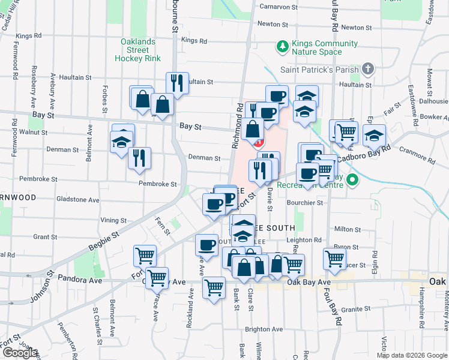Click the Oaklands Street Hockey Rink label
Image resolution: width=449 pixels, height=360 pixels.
click(139, 50)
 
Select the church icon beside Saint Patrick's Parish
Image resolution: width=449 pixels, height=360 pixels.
click(368, 69)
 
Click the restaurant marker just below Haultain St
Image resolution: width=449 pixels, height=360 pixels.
click(177, 83)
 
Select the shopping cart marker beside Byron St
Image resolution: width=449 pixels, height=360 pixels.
click(334, 259)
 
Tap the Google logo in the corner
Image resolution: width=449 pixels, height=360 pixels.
click(19, 353)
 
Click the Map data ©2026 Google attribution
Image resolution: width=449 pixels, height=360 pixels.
click(411, 355)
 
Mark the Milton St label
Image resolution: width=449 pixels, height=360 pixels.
click(347, 229)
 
